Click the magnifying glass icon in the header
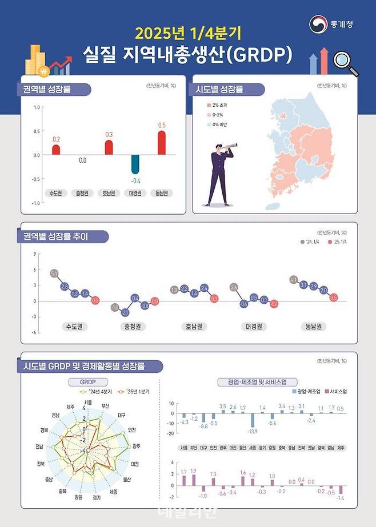(345, 61)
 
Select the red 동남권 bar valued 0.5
(162, 143)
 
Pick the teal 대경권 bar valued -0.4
(135, 164)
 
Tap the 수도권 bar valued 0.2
(56, 150)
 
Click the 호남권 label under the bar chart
(109, 192)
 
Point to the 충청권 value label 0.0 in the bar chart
(82, 160)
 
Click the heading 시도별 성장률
(219, 90)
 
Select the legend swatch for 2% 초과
(209, 106)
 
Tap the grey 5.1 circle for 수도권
(54, 274)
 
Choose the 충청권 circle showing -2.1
(125, 312)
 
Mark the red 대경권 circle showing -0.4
(274, 304)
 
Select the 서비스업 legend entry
(333, 392)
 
